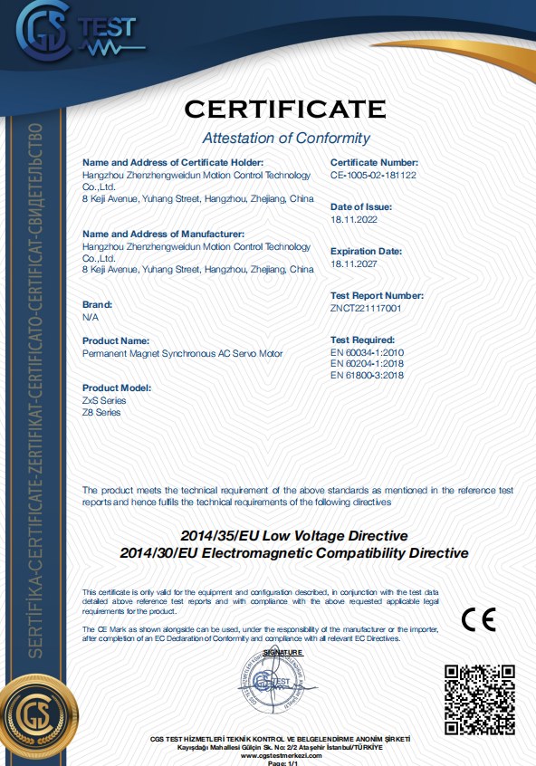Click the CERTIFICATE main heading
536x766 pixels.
pyautogui.click(x=285, y=110)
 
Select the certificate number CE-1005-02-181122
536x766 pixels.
pyautogui.click(x=373, y=175)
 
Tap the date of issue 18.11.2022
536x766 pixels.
pyautogui.click(x=353, y=219)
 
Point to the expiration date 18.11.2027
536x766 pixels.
pyautogui.click(x=353, y=263)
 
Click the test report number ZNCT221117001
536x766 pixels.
pyautogui.click(x=366, y=308)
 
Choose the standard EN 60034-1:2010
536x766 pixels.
pyautogui.click(x=367, y=352)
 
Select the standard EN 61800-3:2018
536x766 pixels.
pyautogui.click(x=367, y=376)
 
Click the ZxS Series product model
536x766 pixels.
pyautogui.click(x=104, y=400)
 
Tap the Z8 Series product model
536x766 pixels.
pyautogui.click(x=101, y=412)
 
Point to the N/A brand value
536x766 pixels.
pyautogui.click(x=91, y=317)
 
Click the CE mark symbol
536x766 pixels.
pyautogui.click(x=478, y=619)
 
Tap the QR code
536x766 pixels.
pyautogui.click(x=480, y=698)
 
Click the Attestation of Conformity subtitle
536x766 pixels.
pyautogui.click(x=285, y=139)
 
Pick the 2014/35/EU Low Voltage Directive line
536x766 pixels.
pyautogui.click(x=293, y=536)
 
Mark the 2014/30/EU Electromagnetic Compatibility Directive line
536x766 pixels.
pyautogui.click(x=293, y=552)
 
